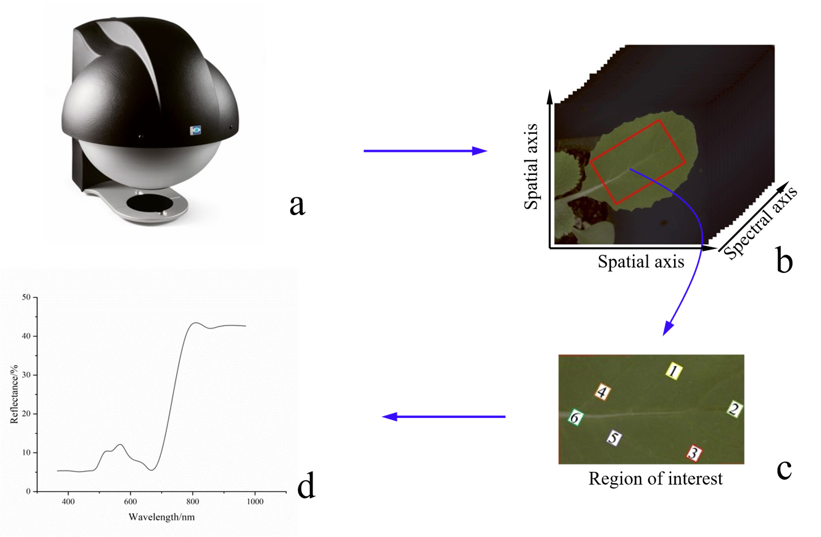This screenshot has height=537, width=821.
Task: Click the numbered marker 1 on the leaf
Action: [x=674, y=371]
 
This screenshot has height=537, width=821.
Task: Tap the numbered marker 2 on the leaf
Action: [x=734, y=409]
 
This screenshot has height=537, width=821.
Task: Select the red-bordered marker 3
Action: [x=694, y=453]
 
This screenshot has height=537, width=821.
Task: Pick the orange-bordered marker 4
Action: [x=602, y=392]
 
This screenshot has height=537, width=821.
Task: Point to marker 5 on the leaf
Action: [x=614, y=438]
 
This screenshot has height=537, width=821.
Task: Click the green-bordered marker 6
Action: [x=576, y=417]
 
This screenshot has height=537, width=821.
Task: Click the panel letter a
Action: [x=297, y=205]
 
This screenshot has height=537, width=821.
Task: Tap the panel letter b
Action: [x=784, y=259]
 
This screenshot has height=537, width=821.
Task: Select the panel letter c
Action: [x=784, y=469]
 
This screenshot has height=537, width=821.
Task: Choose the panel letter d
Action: [x=306, y=485]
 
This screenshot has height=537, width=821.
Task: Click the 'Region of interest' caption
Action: [x=655, y=479]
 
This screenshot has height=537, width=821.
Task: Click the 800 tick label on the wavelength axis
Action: [x=193, y=501]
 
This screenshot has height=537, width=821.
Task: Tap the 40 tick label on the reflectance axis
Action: [x=26, y=336]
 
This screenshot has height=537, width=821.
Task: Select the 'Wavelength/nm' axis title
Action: [x=162, y=517]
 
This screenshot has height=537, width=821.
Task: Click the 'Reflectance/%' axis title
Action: [x=14, y=394]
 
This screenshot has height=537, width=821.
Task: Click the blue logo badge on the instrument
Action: [x=195, y=130]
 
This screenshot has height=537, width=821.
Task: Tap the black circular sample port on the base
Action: [x=150, y=203]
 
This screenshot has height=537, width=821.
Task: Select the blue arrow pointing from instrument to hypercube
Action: [x=425, y=150]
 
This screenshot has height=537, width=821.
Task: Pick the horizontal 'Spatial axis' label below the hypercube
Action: [x=641, y=262]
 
